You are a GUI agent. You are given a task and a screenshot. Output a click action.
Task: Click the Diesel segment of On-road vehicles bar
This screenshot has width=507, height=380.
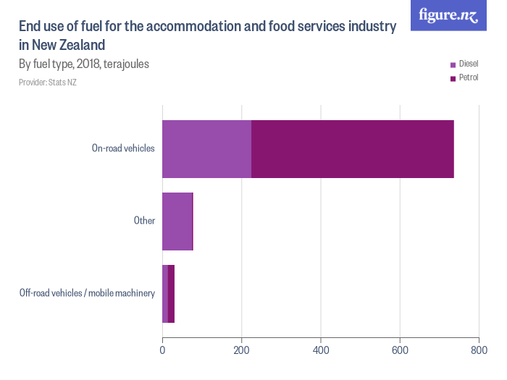coord(206,149)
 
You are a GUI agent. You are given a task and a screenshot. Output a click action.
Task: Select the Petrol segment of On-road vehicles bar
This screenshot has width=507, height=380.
coord(352,149)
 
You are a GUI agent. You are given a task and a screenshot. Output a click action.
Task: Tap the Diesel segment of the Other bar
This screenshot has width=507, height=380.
coord(177,221)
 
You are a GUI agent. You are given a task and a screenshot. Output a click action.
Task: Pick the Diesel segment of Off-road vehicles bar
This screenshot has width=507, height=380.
coord(165,294)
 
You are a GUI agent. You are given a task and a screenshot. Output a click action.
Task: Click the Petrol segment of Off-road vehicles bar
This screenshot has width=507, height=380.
coord(172,294)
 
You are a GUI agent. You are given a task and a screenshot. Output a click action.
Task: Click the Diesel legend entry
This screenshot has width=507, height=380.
coord(464,64)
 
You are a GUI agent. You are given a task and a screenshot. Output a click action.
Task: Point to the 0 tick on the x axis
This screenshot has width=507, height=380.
coord(162,350)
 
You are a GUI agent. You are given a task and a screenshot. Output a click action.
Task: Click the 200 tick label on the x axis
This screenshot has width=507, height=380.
coord(241,350)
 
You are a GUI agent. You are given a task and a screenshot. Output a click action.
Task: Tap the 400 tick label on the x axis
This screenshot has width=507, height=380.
coord(320,350)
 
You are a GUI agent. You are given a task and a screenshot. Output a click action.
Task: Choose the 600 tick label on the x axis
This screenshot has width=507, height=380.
coord(400,350)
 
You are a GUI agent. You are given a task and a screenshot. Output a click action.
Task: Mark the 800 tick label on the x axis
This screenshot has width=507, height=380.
coord(479,350)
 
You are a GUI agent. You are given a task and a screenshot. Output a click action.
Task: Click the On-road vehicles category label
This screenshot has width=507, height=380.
coord(123,148)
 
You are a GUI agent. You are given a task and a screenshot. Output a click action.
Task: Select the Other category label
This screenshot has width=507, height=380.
coord(144,221)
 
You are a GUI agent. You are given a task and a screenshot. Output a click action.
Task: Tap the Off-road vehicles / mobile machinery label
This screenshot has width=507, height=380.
coord(87,293)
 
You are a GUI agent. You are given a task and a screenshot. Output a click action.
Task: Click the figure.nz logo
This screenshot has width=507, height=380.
coord(448,15)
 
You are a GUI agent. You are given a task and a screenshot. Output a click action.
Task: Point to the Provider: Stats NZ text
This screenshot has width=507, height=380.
coord(48,83)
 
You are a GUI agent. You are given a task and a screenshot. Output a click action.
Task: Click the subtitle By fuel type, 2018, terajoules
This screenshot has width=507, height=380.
coord(84,64)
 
